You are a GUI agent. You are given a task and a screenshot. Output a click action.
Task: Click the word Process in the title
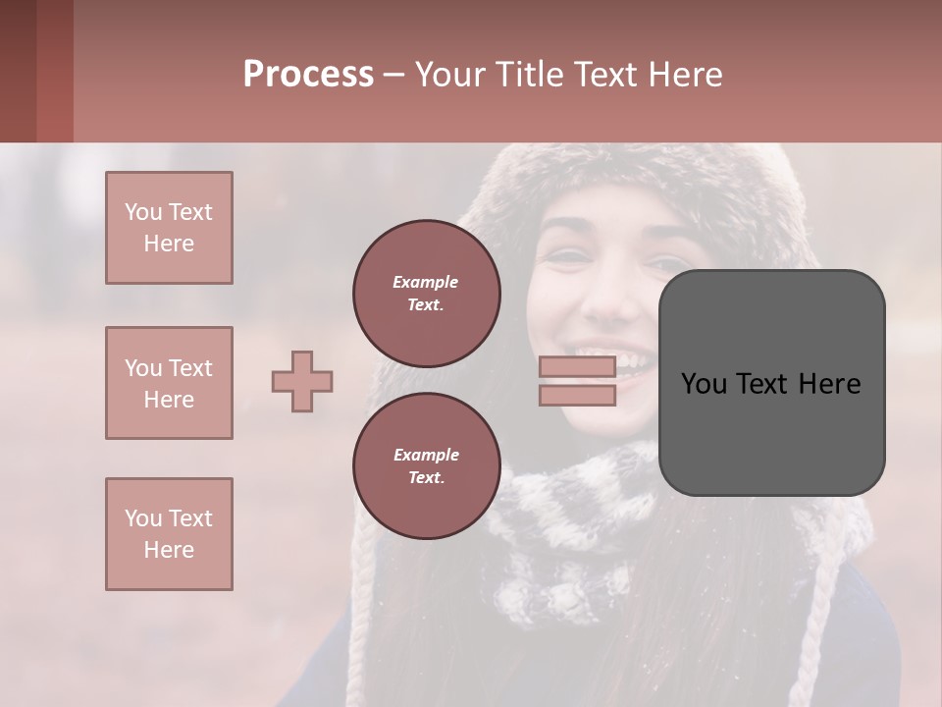pos(308,74)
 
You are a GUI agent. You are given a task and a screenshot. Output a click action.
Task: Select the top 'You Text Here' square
pos(169,228)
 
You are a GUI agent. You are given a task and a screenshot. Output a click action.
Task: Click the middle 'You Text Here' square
pos(169,383)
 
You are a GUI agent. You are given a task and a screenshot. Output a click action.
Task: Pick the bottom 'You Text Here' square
pos(169,534)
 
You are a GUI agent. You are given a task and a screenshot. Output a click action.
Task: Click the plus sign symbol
pos(302,381)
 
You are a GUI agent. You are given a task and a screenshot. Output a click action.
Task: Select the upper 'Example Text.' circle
pos(426,293)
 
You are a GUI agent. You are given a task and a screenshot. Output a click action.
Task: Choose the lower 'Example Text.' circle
pos(426,465)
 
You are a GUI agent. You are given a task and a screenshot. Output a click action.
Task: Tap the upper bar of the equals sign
pos(577,366)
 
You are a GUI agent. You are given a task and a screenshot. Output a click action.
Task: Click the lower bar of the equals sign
pos(577,395)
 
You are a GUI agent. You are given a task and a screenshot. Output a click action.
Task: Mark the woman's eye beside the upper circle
pos(566,257)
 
